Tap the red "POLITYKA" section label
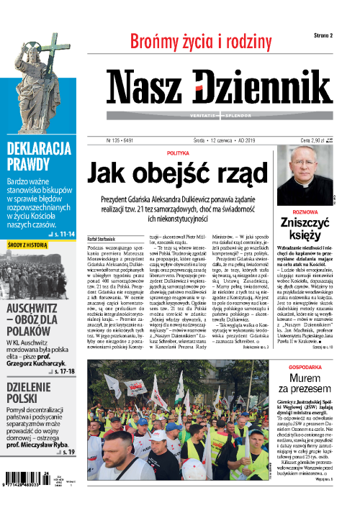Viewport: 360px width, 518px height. coord(178,153)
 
